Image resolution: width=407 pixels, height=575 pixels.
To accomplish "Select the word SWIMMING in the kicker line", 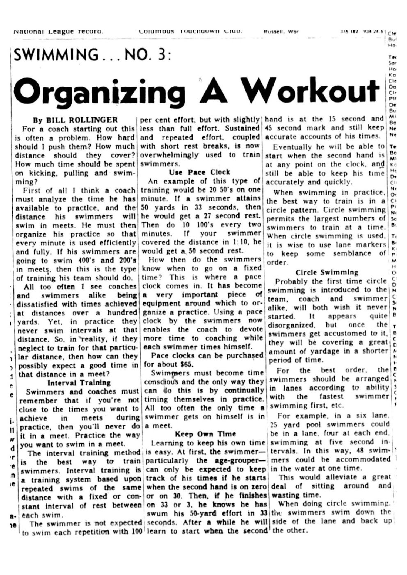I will click(x=56, y=55).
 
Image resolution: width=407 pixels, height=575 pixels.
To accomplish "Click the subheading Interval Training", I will click(x=79, y=383).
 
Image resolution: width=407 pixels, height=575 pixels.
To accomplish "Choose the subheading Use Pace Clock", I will click(x=200, y=172).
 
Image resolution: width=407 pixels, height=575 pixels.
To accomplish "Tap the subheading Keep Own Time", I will click(x=205, y=434).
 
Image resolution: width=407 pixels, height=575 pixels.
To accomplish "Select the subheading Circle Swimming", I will click(x=327, y=272).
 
